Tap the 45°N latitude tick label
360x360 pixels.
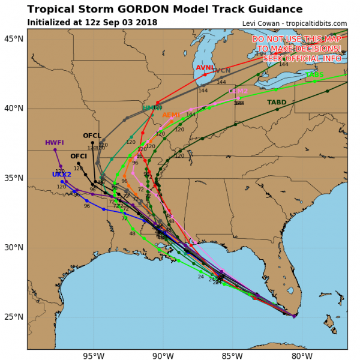click(14, 39)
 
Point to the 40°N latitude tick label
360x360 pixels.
click(14, 109)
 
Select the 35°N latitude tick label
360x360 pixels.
click(14, 178)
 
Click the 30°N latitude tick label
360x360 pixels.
click(14, 248)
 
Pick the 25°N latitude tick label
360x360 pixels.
click(14, 317)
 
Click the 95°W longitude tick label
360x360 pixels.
click(94, 356)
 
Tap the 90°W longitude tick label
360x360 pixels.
click(162, 356)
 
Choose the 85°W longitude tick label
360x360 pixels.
click(231, 356)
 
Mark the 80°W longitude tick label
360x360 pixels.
click(299, 356)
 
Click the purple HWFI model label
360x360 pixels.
click(54, 143)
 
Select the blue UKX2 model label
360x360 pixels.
click(61, 175)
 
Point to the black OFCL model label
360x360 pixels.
click(92, 136)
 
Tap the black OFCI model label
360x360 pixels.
click(79, 157)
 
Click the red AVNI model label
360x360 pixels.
click(205, 68)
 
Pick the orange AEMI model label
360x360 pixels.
click(171, 115)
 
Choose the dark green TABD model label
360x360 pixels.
click(277, 103)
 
